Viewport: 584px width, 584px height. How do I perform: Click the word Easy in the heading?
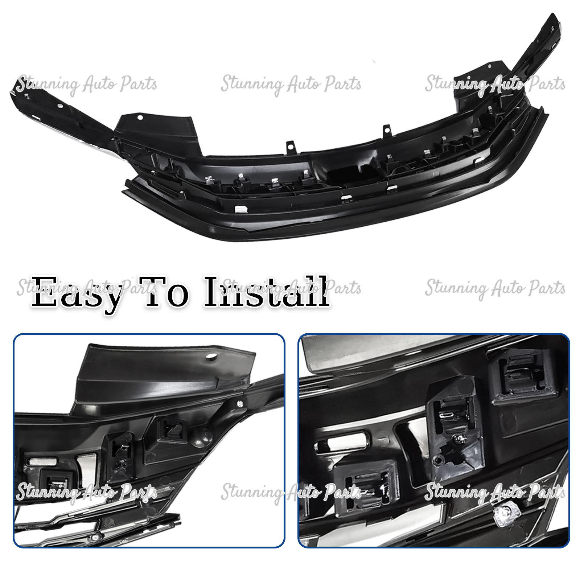(76, 293)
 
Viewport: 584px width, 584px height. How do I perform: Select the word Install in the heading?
(267, 292)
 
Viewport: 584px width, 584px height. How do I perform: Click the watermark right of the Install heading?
(495, 289)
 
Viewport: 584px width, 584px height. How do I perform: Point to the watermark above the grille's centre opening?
(291, 84)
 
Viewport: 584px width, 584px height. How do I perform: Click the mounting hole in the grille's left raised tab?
(140, 118)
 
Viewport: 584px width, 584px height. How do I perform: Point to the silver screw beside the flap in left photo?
(240, 403)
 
